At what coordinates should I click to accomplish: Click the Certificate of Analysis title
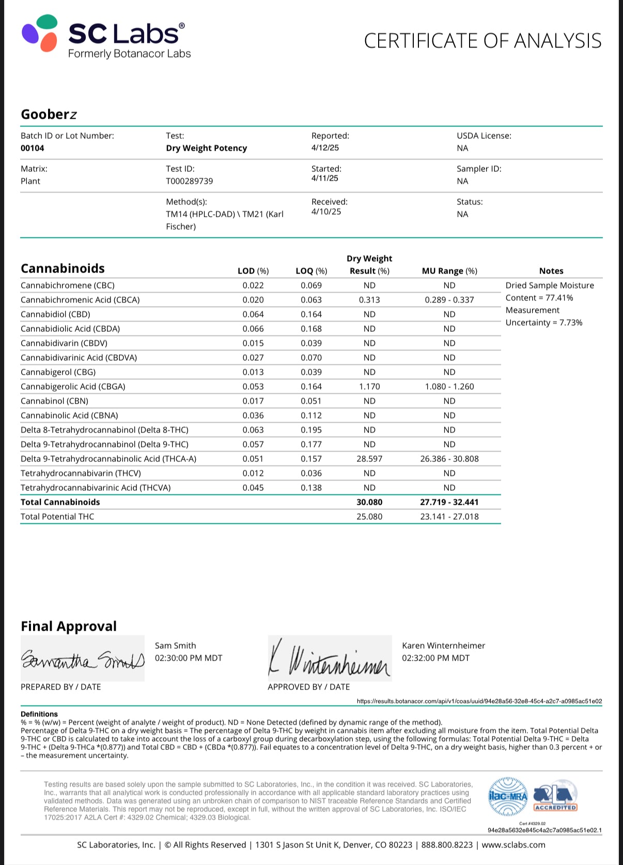(482, 41)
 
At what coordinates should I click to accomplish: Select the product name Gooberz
(49, 114)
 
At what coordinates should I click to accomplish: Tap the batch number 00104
(33, 148)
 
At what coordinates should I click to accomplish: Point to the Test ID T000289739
(189, 181)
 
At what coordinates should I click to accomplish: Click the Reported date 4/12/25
(325, 148)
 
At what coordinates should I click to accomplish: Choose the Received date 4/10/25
(326, 212)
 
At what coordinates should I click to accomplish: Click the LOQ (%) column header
(311, 271)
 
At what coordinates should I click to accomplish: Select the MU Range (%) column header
(449, 271)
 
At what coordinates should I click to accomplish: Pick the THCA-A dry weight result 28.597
(369, 459)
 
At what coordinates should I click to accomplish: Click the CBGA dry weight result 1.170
(369, 387)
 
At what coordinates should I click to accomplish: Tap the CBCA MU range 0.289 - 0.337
(449, 300)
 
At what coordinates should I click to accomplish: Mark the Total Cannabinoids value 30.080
(369, 502)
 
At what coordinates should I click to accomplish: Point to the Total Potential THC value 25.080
(369, 517)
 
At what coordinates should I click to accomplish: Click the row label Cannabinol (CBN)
(54, 401)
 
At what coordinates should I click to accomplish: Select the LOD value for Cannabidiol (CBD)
(253, 314)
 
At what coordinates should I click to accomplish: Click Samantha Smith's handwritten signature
(83, 660)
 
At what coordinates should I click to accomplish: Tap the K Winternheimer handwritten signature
(329, 659)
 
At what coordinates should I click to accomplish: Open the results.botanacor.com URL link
(479, 701)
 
